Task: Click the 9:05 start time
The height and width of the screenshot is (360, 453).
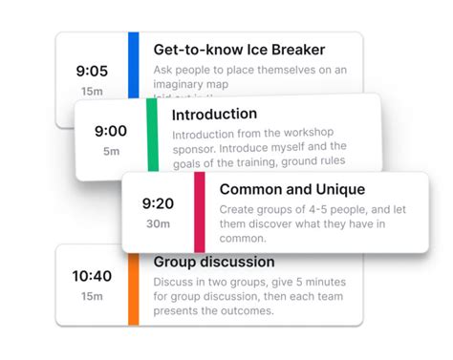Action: [x=93, y=70]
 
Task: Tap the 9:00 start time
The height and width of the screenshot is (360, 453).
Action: [x=111, y=131]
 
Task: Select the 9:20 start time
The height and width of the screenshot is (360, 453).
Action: [x=158, y=203]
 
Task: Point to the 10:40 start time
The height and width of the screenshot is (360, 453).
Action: [x=93, y=276]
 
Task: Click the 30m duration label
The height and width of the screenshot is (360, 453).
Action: [x=158, y=224]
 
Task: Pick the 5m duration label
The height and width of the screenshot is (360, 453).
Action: [x=111, y=151]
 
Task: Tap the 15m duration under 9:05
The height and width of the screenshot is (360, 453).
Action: [x=93, y=91]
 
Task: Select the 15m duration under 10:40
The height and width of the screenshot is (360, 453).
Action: [x=93, y=296]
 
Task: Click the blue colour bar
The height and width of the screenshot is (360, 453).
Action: [x=134, y=63]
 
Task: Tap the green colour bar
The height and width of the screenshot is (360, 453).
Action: [x=152, y=138]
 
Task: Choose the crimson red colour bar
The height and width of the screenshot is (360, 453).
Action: [x=200, y=211]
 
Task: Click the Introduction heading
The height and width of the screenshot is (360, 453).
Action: [x=214, y=115]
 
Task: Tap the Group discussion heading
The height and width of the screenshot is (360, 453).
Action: [x=214, y=262]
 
